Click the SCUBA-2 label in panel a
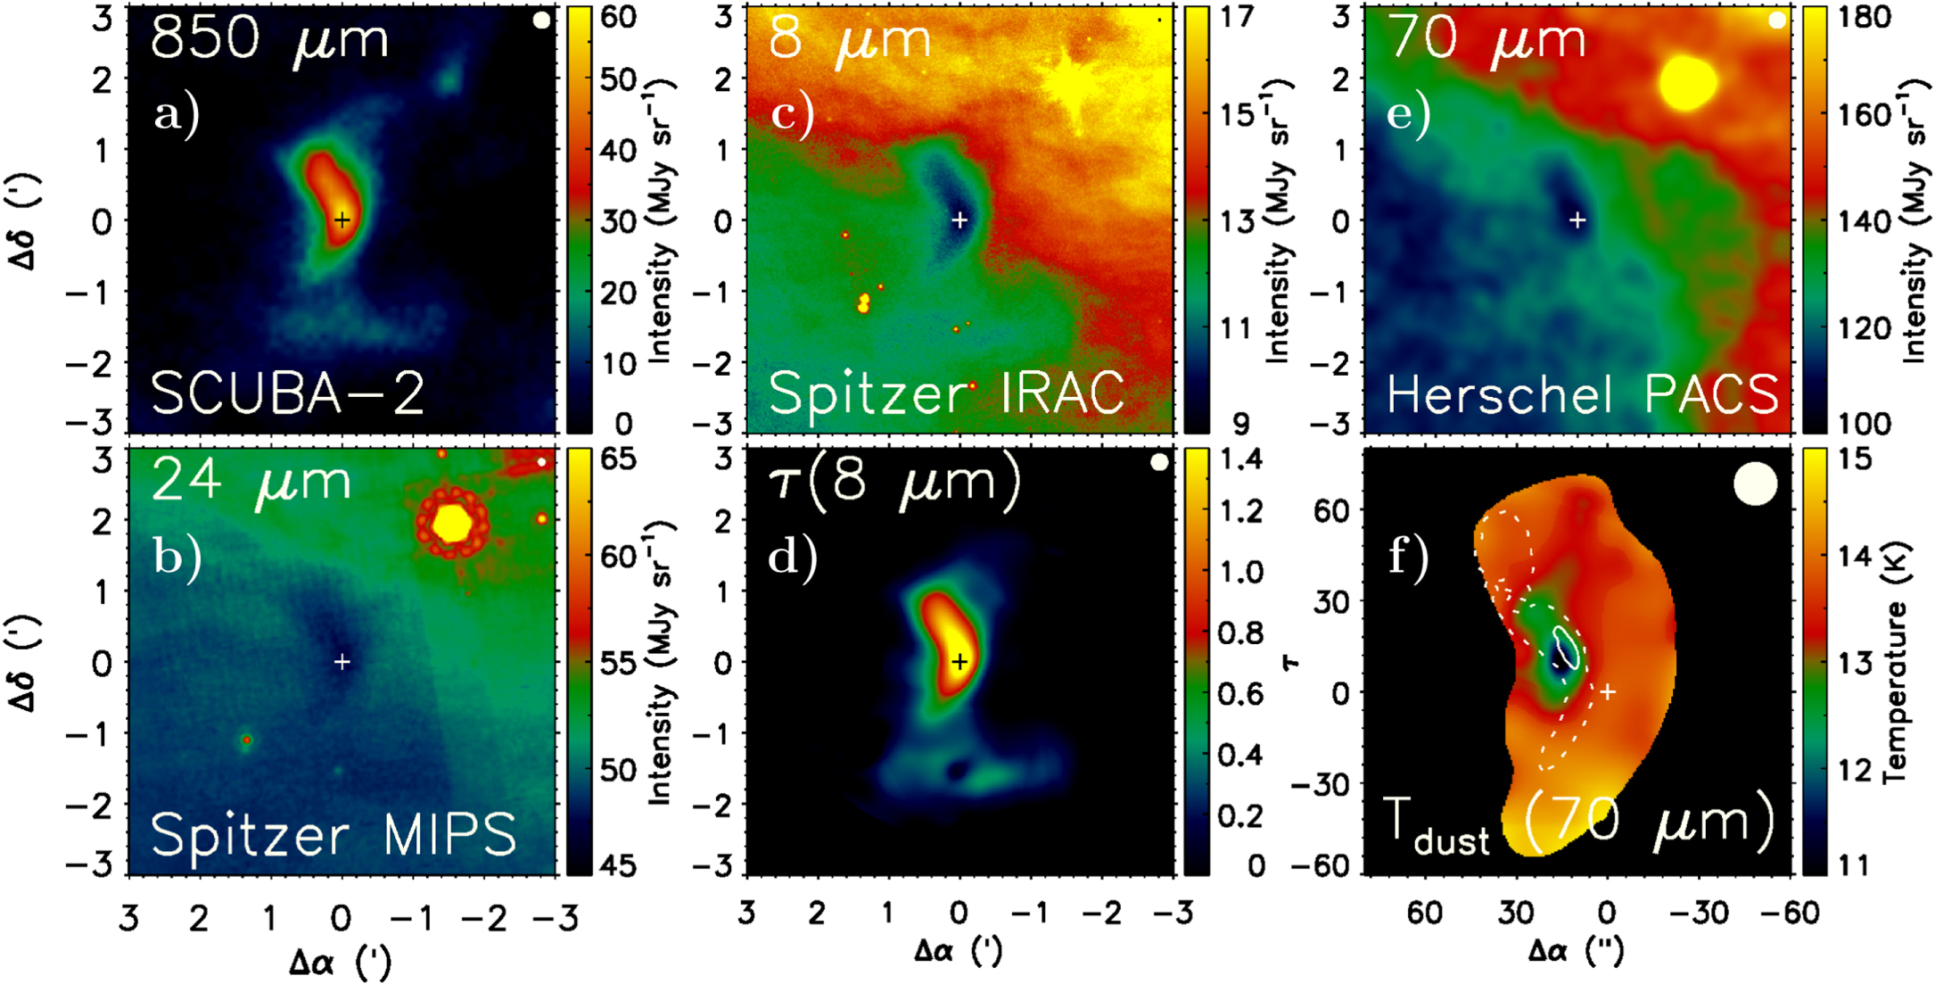coord(287,393)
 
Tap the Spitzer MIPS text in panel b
coord(333,834)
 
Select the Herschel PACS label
coord(1583,393)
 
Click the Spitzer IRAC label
coord(946,393)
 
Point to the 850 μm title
coord(270,39)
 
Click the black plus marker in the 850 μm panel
coord(342,219)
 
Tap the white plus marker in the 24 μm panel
coord(342,661)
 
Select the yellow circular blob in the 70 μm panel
coord(1687,83)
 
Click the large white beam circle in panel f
coord(1755,484)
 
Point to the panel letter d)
coord(793,557)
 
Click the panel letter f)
coord(1410,557)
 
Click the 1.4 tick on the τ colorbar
coord(1240,459)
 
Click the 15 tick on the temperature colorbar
coord(1854,459)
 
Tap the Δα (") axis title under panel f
coord(1576,951)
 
